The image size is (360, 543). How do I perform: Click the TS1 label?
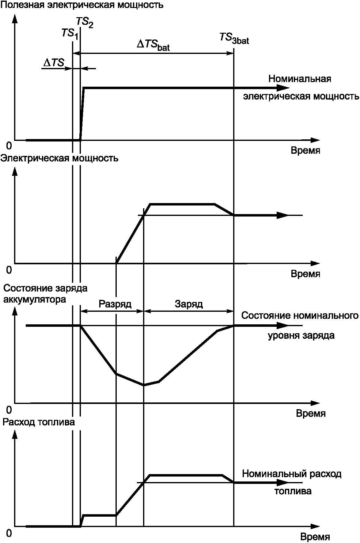(70, 33)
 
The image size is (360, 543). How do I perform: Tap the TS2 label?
(84, 22)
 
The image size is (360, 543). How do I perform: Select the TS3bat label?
(234, 38)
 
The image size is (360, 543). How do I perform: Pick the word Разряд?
(115, 304)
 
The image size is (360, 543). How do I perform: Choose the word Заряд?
(189, 304)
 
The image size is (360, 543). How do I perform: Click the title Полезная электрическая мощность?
(82, 5)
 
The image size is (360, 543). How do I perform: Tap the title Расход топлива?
(39, 422)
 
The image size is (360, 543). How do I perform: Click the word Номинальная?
(300, 79)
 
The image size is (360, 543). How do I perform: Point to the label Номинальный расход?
(291, 474)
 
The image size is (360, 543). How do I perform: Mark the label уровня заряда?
(301, 336)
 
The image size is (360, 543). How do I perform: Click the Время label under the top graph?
(305, 151)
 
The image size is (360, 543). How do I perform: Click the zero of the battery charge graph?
(9, 409)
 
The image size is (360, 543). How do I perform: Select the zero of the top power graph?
(9, 145)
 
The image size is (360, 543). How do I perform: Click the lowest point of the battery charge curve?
(144, 385)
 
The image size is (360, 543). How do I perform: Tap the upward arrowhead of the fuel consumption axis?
(14, 434)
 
